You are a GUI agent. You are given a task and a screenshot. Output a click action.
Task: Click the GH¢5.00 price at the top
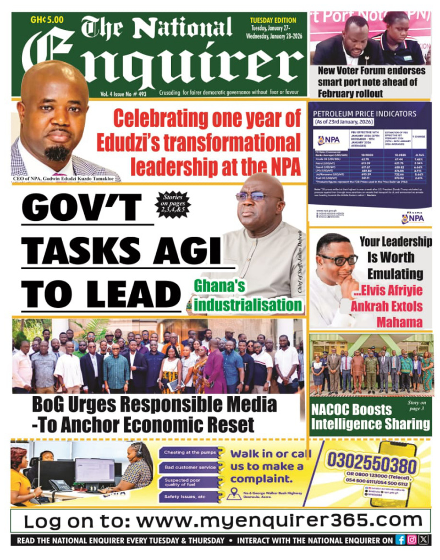(x=47, y=20)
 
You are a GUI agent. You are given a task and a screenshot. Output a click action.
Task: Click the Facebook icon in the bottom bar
(x=401, y=540)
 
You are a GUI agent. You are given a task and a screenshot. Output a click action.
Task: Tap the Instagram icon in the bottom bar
(x=412, y=540)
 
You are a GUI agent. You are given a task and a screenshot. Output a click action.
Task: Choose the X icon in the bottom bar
(x=423, y=540)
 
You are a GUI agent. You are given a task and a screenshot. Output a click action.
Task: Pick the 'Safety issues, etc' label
(x=185, y=497)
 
